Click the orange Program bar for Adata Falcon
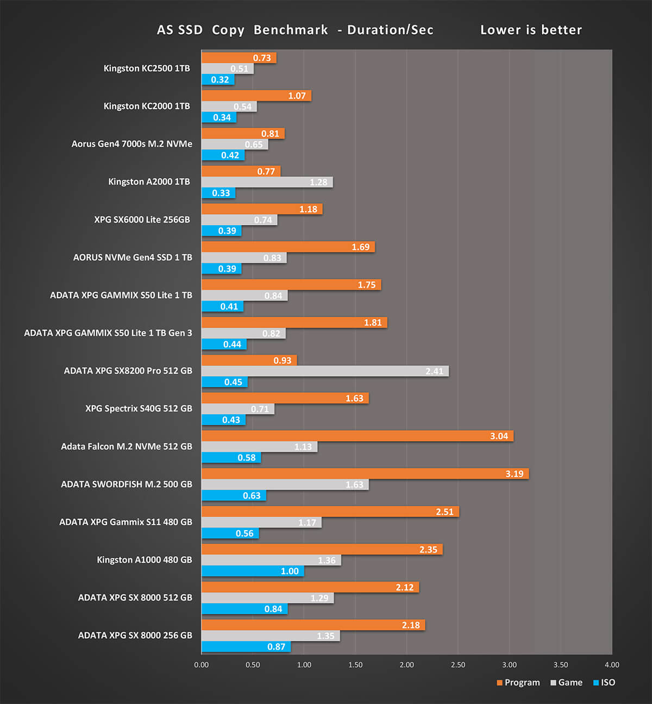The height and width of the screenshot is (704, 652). pyautogui.click(x=357, y=436)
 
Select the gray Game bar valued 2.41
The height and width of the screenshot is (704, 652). pyautogui.click(x=325, y=371)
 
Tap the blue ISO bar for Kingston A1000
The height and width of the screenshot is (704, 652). pyautogui.click(x=253, y=571)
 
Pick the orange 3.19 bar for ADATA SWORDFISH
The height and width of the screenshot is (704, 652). pyautogui.click(x=365, y=474)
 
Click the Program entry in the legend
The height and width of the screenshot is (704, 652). pyautogui.click(x=518, y=682)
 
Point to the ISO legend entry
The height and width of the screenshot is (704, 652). pyautogui.click(x=604, y=682)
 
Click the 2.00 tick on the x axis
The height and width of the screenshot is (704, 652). pyautogui.click(x=406, y=665)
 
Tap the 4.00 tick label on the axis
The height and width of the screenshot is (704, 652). pyautogui.click(x=612, y=665)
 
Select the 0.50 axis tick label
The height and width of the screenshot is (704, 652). pyautogui.click(x=253, y=665)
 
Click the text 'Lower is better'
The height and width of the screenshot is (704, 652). pyautogui.click(x=531, y=30)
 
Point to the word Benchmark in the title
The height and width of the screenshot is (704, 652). pyautogui.click(x=291, y=30)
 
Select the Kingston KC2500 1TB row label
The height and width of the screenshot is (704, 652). pyautogui.click(x=147, y=68)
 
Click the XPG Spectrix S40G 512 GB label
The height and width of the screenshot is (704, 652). pyautogui.click(x=139, y=408)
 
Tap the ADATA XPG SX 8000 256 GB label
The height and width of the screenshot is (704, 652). pyautogui.click(x=135, y=635)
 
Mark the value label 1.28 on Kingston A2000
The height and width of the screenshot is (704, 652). pyautogui.click(x=318, y=182)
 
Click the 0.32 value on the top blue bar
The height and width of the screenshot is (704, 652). pyautogui.click(x=220, y=80)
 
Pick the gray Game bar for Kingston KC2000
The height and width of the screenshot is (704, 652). pyautogui.click(x=229, y=106)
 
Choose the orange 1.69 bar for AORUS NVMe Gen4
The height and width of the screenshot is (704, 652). pyautogui.click(x=288, y=247)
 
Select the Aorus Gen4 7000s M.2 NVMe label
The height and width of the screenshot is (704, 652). pyautogui.click(x=131, y=144)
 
